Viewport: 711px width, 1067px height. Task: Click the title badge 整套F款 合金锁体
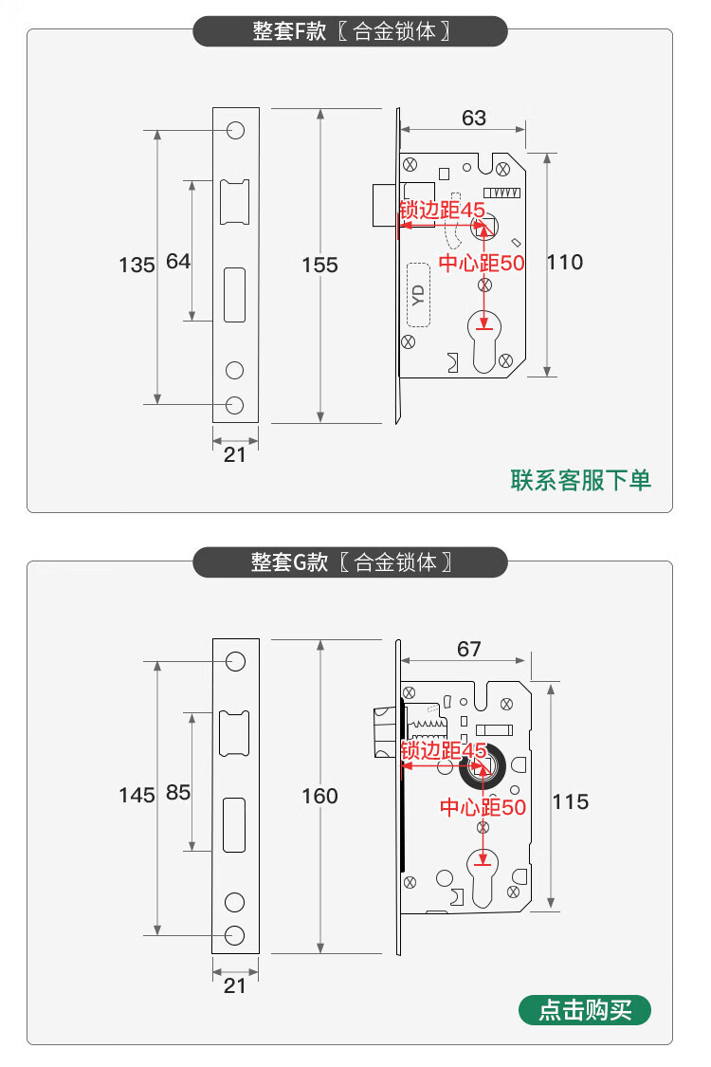click(x=350, y=31)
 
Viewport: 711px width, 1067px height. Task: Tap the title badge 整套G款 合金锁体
click(x=350, y=562)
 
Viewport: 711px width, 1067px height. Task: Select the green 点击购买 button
click(x=585, y=1010)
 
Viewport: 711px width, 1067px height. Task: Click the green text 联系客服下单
click(x=581, y=480)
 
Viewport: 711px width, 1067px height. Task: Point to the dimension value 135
click(x=137, y=266)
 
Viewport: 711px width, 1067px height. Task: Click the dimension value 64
click(x=178, y=261)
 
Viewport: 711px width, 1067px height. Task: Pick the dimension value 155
click(x=319, y=266)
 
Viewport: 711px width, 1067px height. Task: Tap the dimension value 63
click(x=474, y=118)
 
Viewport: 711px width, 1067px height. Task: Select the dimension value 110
click(x=565, y=262)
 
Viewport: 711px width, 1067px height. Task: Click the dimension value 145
click(x=137, y=795)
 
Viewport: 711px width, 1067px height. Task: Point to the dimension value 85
click(x=178, y=791)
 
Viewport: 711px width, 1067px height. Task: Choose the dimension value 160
click(x=319, y=796)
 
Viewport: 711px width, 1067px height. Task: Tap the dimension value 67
click(x=469, y=650)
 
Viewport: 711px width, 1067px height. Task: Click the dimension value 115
click(x=570, y=802)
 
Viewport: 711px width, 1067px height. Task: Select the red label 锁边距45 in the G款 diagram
click(x=443, y=750)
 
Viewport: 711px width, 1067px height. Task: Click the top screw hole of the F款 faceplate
click(x=235, y=129)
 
